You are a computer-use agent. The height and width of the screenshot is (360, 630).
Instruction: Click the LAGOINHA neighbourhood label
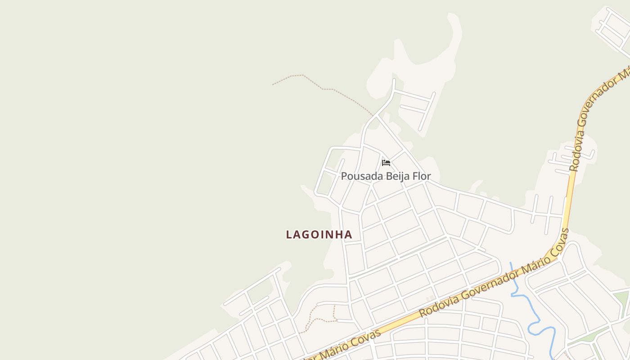pos(319,234)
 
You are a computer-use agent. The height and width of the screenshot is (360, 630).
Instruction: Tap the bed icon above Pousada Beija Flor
pos(386,162)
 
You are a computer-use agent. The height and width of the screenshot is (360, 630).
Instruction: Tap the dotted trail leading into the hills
pos(324,89)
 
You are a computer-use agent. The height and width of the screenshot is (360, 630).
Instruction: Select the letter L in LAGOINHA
pos(289,234)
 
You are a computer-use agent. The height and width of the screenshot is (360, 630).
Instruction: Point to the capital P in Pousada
pos(344,176)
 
